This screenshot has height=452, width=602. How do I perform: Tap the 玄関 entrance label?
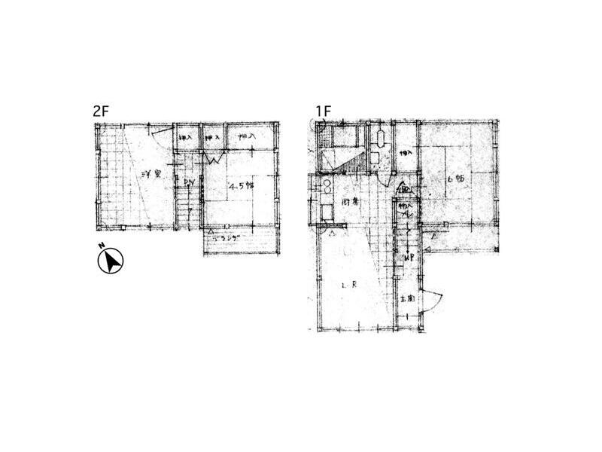(408, 298)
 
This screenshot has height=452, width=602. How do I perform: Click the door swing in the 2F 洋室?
(160, 136)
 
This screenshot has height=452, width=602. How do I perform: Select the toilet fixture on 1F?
(381, 141)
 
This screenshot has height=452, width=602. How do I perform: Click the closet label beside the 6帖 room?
(405, 153)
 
